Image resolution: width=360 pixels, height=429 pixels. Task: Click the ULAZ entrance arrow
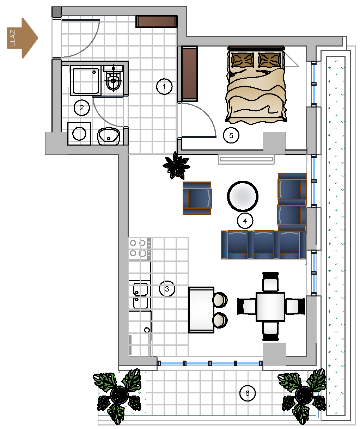(x=22, y=38)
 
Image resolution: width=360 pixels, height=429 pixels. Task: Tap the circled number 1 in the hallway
(x=164, y=86)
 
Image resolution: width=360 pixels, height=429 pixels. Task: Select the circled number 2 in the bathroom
(x=81, y=108)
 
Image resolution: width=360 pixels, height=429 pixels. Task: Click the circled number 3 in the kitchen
(x=167, y=289)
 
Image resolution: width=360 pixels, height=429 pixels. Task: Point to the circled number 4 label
(x=245, y=221)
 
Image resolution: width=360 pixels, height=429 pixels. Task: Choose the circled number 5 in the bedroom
(x=231, y=135)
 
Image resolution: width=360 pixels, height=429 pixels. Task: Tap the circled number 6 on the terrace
(x=248, y=393)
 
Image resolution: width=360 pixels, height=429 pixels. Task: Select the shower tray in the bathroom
(x=86, y=80)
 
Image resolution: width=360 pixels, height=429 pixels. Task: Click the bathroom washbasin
(x=109, y=136)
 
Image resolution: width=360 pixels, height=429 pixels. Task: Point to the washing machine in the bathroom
(x=79, y=134)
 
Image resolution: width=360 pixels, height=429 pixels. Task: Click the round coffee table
(x=243, y=196)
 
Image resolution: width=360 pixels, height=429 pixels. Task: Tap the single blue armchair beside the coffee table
(x=197, y=198)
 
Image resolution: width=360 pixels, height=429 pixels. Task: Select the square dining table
(x=270, y=307)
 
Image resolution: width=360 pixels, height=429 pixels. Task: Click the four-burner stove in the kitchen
(x=140, y=249)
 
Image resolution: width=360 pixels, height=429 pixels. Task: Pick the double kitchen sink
(x=141, y=296)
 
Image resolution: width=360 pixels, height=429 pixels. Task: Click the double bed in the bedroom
(x=256, y=85)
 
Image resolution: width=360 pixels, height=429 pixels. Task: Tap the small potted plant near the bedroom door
(x=176, y=166)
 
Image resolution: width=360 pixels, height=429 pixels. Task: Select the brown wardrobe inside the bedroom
(x=189, y=74)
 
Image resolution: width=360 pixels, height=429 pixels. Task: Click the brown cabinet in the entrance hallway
(x=156, y=22)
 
